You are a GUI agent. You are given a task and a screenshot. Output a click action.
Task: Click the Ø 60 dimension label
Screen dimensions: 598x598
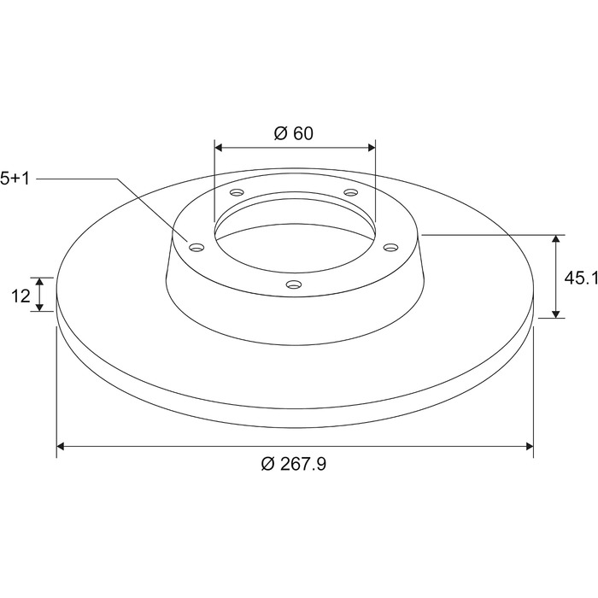(294, 133)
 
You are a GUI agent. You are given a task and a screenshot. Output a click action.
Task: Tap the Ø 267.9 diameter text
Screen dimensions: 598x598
(294, 464)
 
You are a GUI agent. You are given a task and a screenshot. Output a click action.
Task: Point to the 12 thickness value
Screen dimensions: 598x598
(21, 296)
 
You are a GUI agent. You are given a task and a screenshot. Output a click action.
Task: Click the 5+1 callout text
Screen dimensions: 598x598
(15, 179)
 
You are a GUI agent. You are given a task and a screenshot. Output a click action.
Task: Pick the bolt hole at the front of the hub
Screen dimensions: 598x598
(294, 284)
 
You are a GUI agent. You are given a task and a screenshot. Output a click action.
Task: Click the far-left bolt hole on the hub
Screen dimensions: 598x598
(196, 248)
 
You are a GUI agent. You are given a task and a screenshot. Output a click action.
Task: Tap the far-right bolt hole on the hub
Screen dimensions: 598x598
(390, 248)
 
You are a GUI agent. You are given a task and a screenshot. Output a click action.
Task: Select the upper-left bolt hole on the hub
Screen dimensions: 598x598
(237, 192)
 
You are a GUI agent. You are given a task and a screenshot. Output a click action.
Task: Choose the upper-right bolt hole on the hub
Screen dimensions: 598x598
(350, 192)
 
